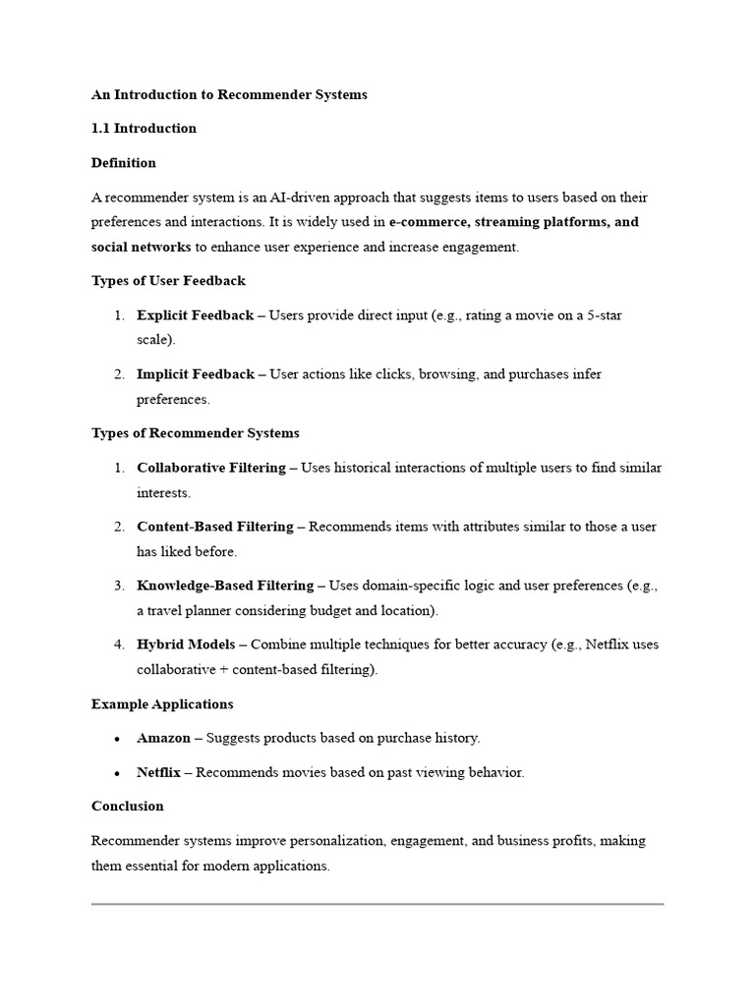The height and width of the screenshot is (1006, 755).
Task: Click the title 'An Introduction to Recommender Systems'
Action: click(229, 94)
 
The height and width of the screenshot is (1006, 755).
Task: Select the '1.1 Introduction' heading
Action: click(144, 129)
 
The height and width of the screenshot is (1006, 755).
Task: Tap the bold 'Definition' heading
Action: click(124, 163)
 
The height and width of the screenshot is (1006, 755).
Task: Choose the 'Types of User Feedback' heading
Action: click(168, 281)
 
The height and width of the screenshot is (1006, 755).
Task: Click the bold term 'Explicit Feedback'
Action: click(196, 315)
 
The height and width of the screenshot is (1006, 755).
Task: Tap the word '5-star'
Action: click(602, 315)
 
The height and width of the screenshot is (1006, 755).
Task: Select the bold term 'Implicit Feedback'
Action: click(196, 374)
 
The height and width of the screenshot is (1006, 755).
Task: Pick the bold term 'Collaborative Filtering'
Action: click(211, 468)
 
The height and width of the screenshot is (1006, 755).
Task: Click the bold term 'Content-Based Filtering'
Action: click(214, 527)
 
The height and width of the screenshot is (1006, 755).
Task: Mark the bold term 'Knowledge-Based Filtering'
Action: click(223, 586)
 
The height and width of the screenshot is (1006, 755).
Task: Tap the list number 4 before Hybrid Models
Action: click(117, 644)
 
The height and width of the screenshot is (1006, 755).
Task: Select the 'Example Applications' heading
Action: click(162, 704)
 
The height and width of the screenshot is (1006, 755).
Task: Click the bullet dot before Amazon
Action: click(117, 739)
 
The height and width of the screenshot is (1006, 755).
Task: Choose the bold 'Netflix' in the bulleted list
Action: click(158, 772)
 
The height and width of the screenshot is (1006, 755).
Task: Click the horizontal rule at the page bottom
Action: click(377, 903)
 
